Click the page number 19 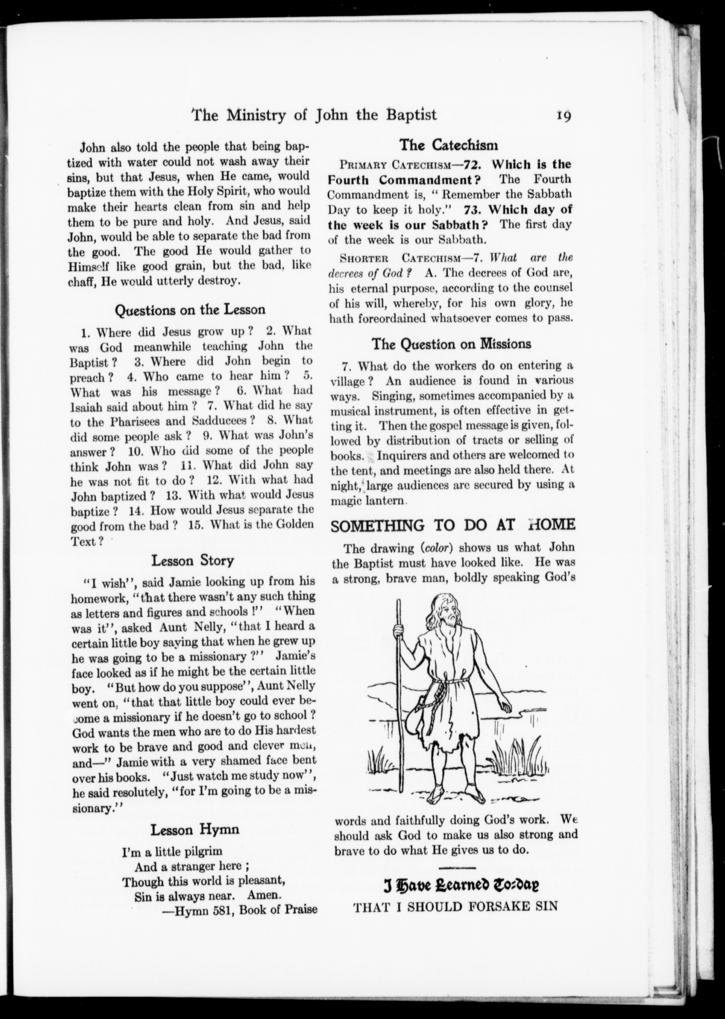point(563,116)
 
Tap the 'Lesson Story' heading point(192,560)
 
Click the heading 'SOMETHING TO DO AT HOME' point(453,525)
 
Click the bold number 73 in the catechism point(472,209)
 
